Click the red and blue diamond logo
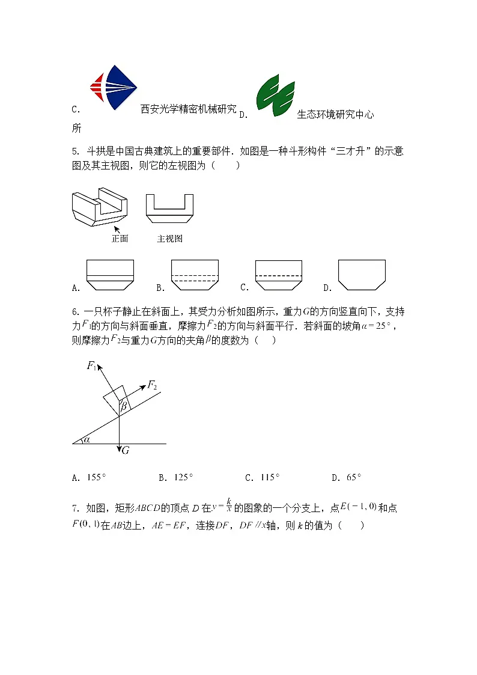point(114,87)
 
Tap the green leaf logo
point(275,96)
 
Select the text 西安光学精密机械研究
point(188,109)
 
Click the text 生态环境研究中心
point(335,114)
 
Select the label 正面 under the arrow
point(120,239)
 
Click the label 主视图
point(169,239)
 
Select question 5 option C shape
point(278,275)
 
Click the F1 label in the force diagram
point(92,365)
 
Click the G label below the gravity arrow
point(126,450)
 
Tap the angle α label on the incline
point(87,439)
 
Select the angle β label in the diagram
point(124,408)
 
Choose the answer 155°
point(96,478)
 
